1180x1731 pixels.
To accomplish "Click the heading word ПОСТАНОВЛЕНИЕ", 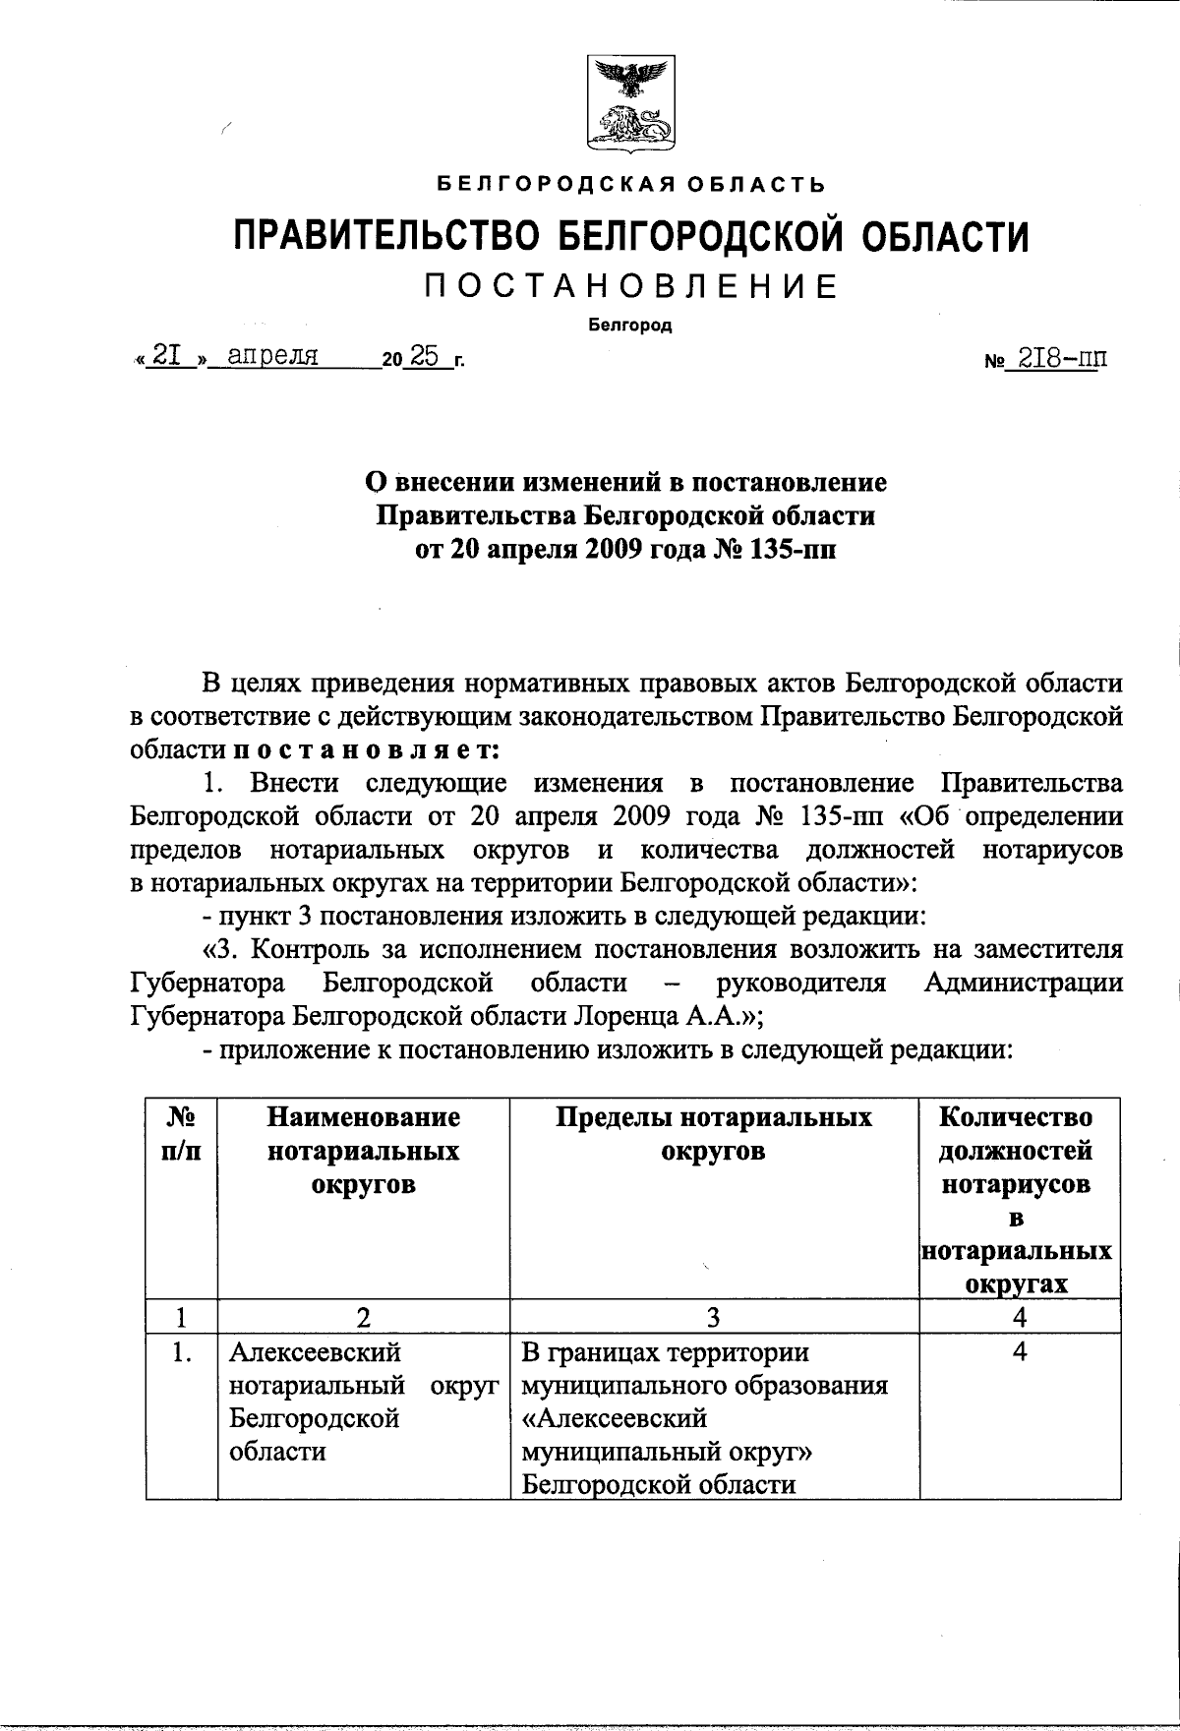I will pos(630,286).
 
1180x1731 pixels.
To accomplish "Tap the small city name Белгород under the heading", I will pos(630,327).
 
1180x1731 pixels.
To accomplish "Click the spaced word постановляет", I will pos(366,749).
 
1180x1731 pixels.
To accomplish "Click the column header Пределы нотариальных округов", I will pos(714,1134).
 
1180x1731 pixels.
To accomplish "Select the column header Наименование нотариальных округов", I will pos(363,1151).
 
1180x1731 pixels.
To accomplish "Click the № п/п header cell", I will pos(181,1134).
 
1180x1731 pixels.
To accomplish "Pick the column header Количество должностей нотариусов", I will pos(1018,1151).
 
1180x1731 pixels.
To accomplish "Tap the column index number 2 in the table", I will pos(363,1317).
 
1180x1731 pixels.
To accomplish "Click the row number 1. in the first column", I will pos(181,1353).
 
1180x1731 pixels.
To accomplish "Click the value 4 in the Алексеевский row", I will pos(1020,1352).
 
